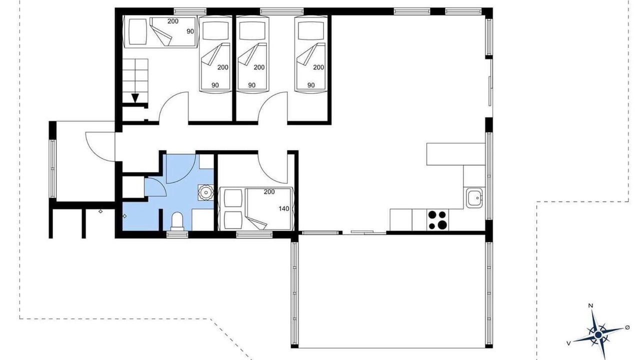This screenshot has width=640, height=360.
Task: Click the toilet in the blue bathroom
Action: [177, 221]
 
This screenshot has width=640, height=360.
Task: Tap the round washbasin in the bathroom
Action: [205, 192]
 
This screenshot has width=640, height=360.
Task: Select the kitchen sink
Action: [474, 197]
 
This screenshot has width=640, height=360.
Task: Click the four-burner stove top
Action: [437, 219]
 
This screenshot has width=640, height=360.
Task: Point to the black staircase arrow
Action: [135, 98]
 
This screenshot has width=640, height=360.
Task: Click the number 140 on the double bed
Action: [284, 209]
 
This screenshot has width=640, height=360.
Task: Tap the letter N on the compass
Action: [590, 305]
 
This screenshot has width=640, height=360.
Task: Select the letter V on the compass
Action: [569, 343]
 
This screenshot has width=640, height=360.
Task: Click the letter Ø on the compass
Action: [627, 327]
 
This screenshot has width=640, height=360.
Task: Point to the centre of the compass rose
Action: [598, 334]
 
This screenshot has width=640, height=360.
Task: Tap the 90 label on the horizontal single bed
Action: [190, 31]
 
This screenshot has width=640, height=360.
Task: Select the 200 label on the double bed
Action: [269, 191]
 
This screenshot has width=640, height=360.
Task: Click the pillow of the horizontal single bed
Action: [137, 31]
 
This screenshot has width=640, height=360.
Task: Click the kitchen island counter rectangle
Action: [456, 154]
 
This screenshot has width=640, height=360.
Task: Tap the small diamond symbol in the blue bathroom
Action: [124, 216]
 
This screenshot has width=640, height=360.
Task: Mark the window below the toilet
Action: [177, 234]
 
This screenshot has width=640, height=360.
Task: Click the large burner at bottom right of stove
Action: [442, 225]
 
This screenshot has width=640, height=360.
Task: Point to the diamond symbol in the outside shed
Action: [100, 211]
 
